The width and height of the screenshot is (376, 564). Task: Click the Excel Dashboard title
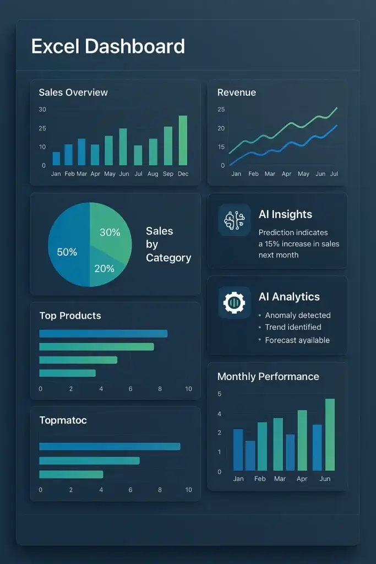pyautogui.click(x=108, y=46)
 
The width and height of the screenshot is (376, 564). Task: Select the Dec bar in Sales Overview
pyautogui.click(x=183, y=140)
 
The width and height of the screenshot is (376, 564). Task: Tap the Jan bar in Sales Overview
pyautogui.click(x=56, y=159)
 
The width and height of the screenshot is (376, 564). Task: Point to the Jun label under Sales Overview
pyautogui.click(x=124, y=174)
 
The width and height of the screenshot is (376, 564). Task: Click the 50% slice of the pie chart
pyautogui.click(x=67, y=252)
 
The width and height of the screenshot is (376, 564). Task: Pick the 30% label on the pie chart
pyautogui.click(x=110, y=232)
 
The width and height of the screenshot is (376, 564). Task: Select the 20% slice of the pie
pyautogui.click(x=104, y=269)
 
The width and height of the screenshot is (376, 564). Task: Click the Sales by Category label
pyautogui.click(x=168, y=245)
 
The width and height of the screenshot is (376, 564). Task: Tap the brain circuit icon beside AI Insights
pyautogui.click(x=234, y=220)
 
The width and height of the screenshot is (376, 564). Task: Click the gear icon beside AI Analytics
pyautogui.click(x=234, y=302)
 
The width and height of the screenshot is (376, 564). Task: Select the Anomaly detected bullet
pyautogui.click(x=297, y=316)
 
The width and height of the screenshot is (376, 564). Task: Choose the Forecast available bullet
pyautogui.click(x=297, y=340)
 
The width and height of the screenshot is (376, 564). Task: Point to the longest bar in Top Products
pyautogui.click(x=103, y=333)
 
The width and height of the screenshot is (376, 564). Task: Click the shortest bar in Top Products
pyautogui.click(x=67, y=373)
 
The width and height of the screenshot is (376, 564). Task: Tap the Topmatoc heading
pyautogui.click(x=63, y=420)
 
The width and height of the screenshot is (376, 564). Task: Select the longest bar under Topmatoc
pyautogui.click(x=110, y=446)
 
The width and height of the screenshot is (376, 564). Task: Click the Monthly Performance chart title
pyautogui.click(x=268, y=377)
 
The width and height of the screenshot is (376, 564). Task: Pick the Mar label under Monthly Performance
pyautogui.click(x=280, y=479)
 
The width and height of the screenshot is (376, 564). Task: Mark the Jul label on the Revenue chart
pyautogui.click(x=334, y=174)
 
